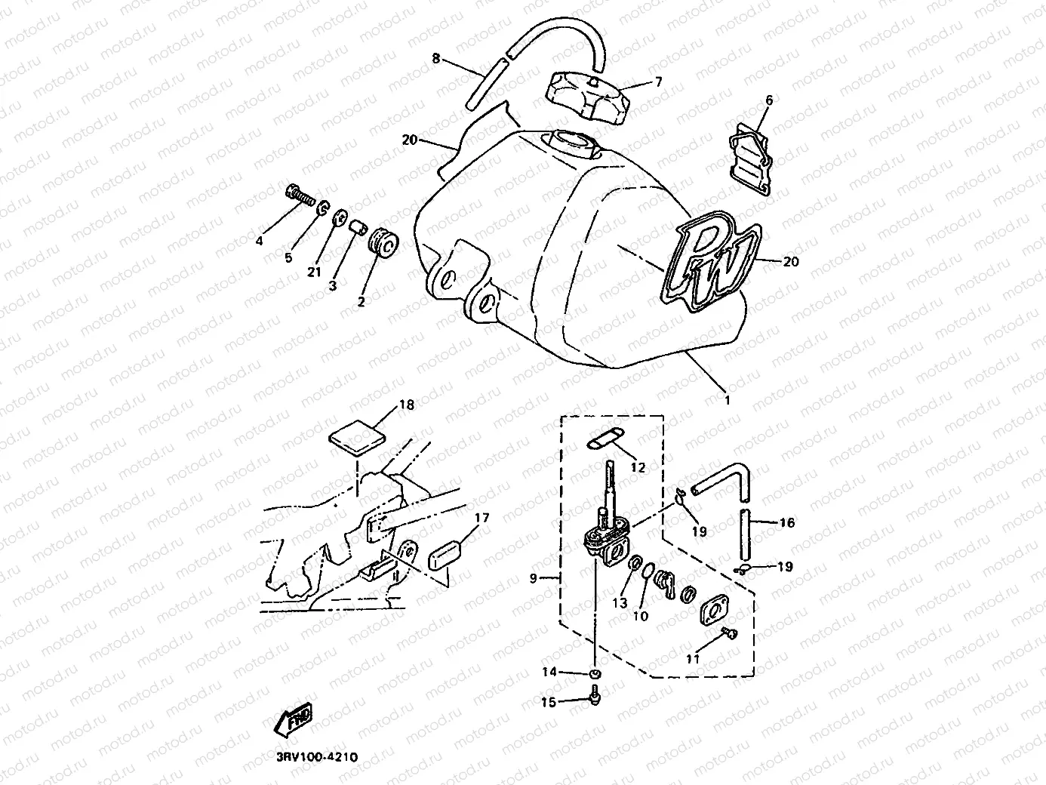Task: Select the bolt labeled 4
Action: [300, 195]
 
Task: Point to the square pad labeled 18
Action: [358, 436]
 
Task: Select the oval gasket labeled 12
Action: [603, 439]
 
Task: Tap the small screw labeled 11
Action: [728, 633]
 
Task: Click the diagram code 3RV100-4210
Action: [311, 757]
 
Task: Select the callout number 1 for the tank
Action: [728, 401]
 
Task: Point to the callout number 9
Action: [534, 579]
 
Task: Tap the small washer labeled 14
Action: [595, 672]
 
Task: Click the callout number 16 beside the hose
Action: [786, 522]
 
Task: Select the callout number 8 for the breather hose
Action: [436, 58]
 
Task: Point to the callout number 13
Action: [620, 603]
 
